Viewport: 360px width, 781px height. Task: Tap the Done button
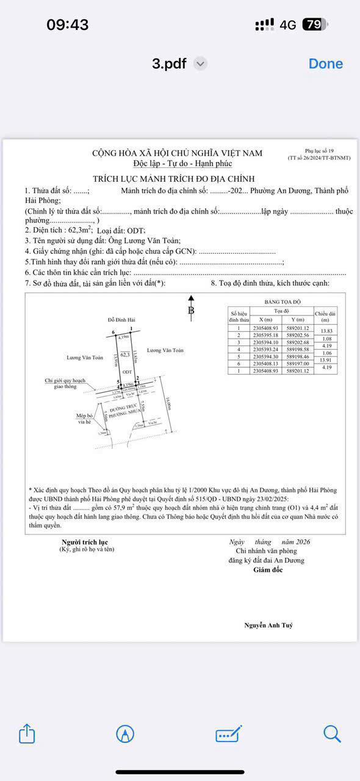(325, 63)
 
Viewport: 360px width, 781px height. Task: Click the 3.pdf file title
(169, 63)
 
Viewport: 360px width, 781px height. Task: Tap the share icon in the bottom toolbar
(27, 733)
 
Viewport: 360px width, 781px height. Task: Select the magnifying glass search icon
(332, 733)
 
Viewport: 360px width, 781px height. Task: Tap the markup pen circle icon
(125, 733)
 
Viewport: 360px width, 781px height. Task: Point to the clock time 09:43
(68, 24)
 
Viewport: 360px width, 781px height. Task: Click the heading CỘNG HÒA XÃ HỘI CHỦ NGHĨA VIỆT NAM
(177, 153)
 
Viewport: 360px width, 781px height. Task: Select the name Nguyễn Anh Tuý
(268, 625)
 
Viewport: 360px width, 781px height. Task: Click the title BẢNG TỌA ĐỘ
(283, 302)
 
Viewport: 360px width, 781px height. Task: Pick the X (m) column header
(265, 320)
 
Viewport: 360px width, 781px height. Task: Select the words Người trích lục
(85, 542)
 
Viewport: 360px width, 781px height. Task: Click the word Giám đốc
(268, 570)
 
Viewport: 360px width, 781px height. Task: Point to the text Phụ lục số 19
(319, 151)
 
